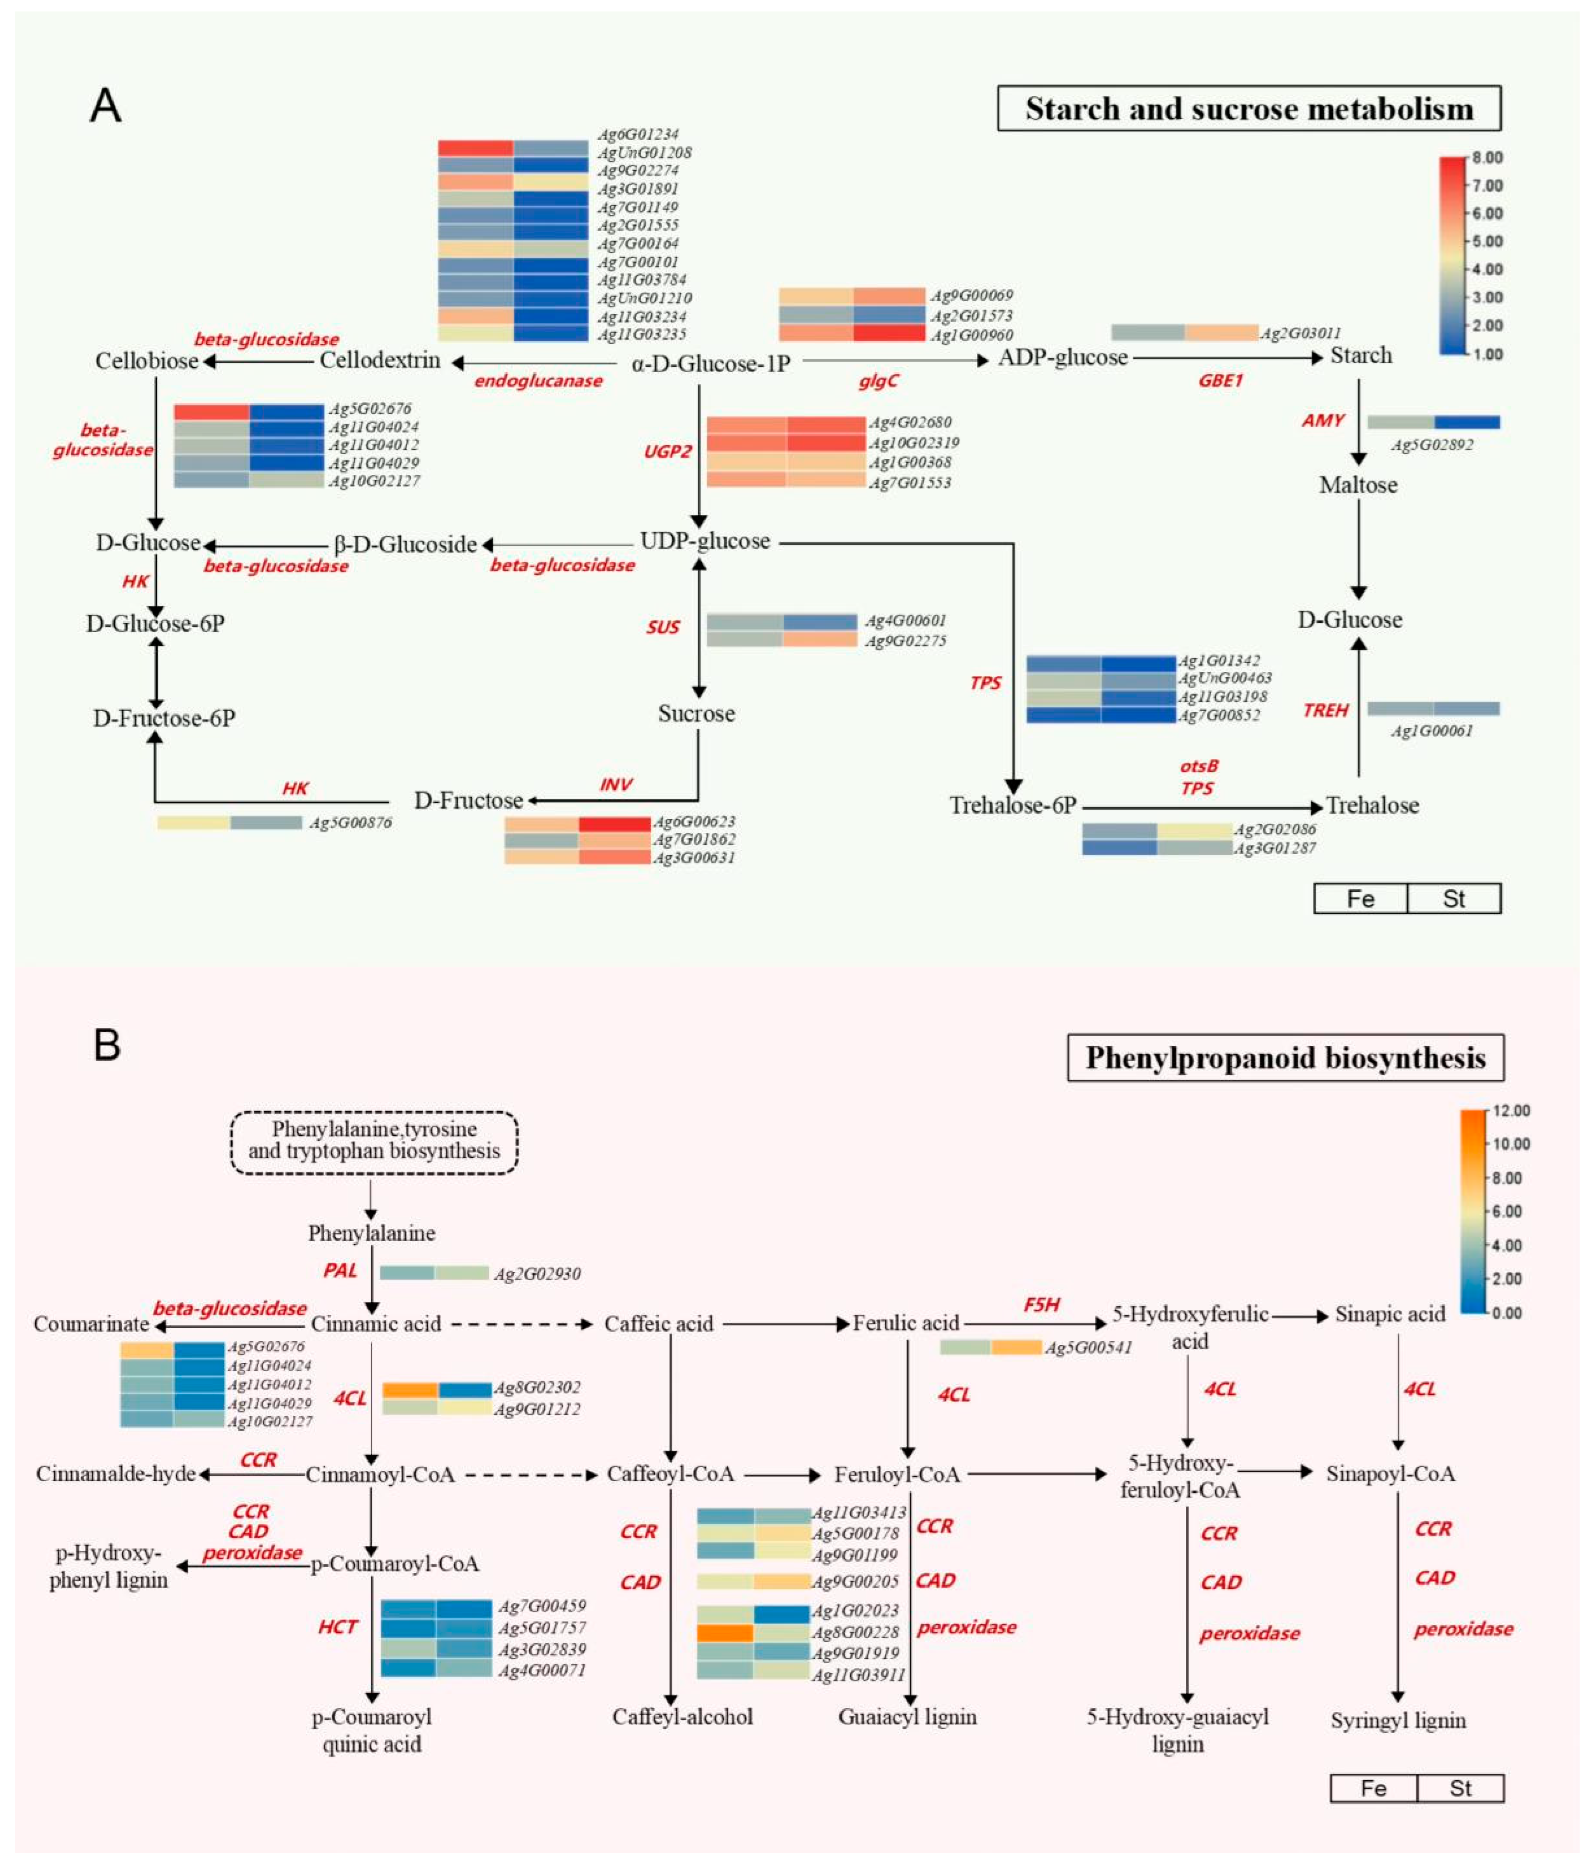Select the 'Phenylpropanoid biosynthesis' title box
click(1285, 1058)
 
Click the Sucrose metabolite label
click(696, 714)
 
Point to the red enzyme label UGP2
click(667, 451)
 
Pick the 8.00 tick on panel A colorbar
click(1487, 158)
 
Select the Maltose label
click(1358, 485)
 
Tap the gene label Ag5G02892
click(1432, 445)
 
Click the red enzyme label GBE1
click(1220, 381)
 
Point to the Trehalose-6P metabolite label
click(1013, 805)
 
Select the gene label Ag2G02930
click(537, 1273)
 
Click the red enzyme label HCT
click(338, 1627)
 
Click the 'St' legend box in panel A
click(1453, 898)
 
